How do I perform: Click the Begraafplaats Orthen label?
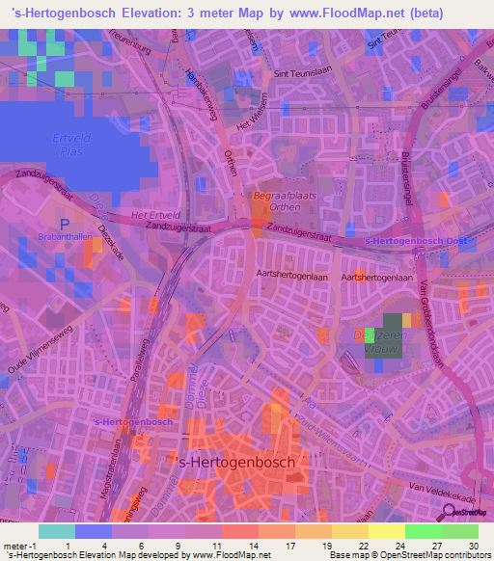(278, 200)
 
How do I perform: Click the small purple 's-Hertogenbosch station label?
(133, 421)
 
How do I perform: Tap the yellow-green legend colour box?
(387, 531)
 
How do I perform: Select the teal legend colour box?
(57, 531)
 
